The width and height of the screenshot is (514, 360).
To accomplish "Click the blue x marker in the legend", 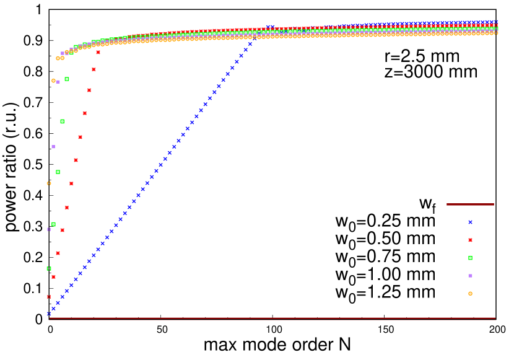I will [470, 222].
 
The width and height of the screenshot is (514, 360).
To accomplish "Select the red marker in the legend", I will [470, 240].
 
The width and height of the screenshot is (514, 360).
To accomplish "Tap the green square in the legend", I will [470, 258].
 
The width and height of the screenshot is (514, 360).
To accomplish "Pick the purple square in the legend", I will [470, 276].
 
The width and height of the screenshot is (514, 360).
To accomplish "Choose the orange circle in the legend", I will [470, 294].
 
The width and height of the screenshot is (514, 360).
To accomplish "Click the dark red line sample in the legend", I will [470, 204].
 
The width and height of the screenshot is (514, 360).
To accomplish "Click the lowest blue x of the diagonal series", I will [49, 314].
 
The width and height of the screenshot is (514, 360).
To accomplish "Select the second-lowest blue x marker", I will [53, 309].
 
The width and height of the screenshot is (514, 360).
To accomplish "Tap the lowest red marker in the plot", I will [49, 297].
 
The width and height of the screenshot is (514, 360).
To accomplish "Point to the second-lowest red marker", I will [53, 277].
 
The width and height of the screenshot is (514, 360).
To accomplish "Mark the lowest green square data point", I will [49, 268].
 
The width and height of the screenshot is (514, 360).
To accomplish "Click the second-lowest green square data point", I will [53, 224].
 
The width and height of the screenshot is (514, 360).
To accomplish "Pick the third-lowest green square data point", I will [58, 172].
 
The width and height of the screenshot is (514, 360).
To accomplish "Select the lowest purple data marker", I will [49, 229].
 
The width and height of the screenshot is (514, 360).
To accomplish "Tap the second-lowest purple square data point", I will [53, 147].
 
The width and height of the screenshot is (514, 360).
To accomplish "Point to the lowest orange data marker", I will [49, 183].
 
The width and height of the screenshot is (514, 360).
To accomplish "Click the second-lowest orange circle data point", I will [53, 81].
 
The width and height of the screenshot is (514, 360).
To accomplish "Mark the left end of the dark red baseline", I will [50, 318].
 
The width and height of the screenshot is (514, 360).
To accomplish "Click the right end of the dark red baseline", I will [495, 318].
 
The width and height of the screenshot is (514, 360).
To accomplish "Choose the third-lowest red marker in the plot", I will [58, 253].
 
